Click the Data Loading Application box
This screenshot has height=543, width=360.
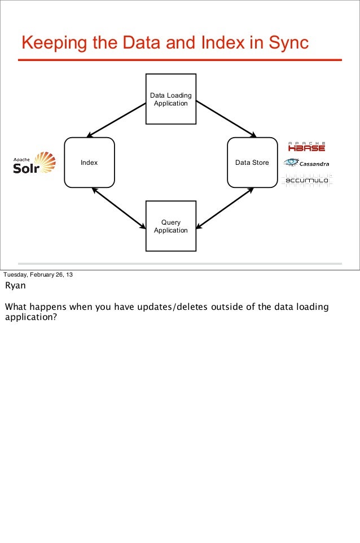[171, 99]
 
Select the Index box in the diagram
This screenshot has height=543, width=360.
[89, 163]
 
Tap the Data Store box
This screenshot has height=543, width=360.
[252, 163]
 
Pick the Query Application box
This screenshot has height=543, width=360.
[171, 226]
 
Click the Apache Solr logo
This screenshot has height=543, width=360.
[34, 163]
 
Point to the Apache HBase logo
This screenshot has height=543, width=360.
[306, 146]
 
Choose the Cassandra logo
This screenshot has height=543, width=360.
[306, 163]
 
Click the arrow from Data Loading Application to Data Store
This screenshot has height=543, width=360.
[226, 120]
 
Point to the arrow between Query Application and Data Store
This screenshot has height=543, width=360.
[225, 208]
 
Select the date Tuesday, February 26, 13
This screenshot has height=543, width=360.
[38, 275]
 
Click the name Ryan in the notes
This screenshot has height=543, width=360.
[15, 286]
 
